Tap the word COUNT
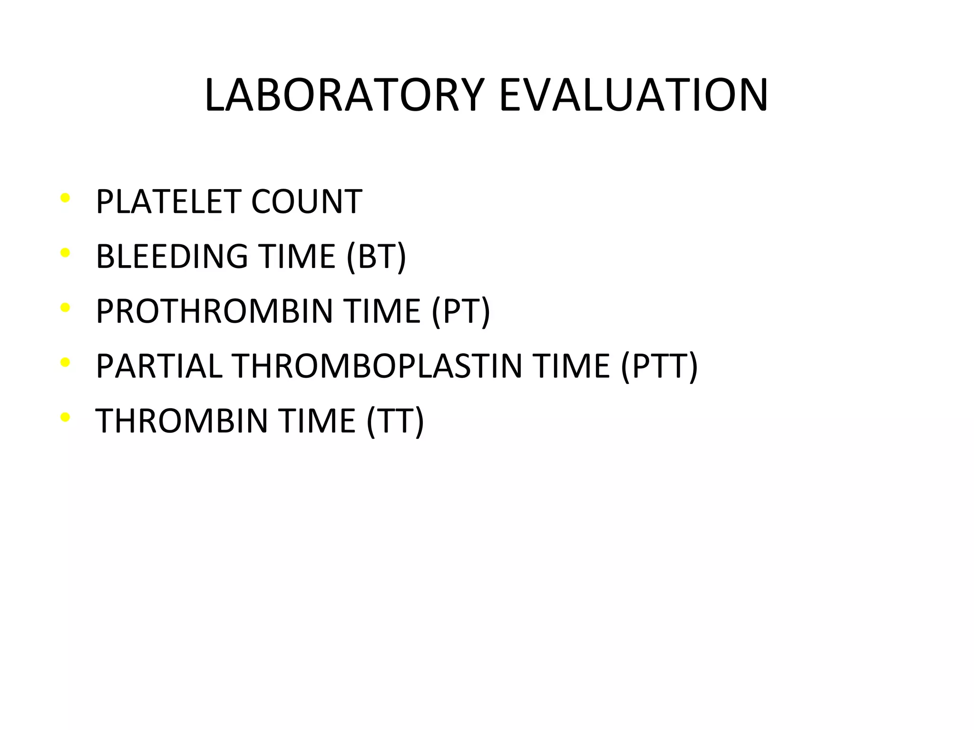pos(306,202)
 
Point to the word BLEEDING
pos(172,257)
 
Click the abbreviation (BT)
pos(376,257)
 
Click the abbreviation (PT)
pos(460,311)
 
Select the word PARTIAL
pos(159,366)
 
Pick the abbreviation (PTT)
pos(659,366)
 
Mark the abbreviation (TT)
pos(395,421)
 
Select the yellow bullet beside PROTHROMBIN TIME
pos(66,307)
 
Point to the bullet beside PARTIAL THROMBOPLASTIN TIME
pos(66,362)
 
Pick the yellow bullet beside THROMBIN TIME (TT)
pos(66,417)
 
